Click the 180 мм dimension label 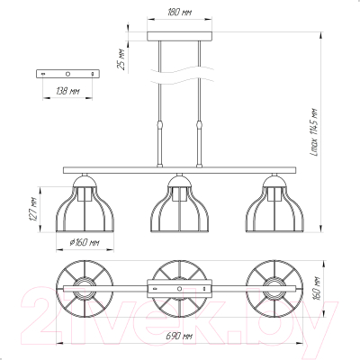click(x=179, y=13)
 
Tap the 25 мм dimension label click(x=121, y=59)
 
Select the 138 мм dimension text click(x=67, y=91)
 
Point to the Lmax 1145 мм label click(x=314, y=132)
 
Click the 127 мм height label click(x=32, y=210)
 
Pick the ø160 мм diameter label click(x=85, y=242)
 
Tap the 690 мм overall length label click(x=179, y=336)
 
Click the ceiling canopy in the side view click(x=179, y=36)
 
